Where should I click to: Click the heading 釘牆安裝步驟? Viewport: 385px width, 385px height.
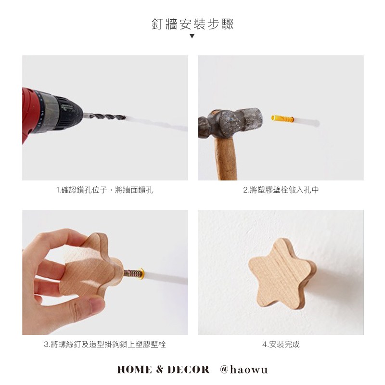192,24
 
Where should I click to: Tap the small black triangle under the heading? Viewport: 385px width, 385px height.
192,36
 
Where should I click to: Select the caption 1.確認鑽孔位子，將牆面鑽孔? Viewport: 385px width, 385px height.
105,190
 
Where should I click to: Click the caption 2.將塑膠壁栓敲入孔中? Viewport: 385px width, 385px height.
281,190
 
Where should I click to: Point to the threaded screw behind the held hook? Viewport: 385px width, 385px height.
132,273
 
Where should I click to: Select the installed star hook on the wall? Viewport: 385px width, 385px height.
282,274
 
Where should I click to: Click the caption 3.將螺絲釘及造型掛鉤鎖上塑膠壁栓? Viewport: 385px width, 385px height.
105,344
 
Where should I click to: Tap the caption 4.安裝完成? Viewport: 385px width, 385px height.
281,344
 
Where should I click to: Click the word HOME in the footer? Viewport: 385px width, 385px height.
134,370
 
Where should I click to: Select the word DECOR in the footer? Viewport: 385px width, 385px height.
188,370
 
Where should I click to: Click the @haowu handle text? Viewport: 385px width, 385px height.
244,370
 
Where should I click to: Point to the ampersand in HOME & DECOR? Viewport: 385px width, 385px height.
160,370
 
